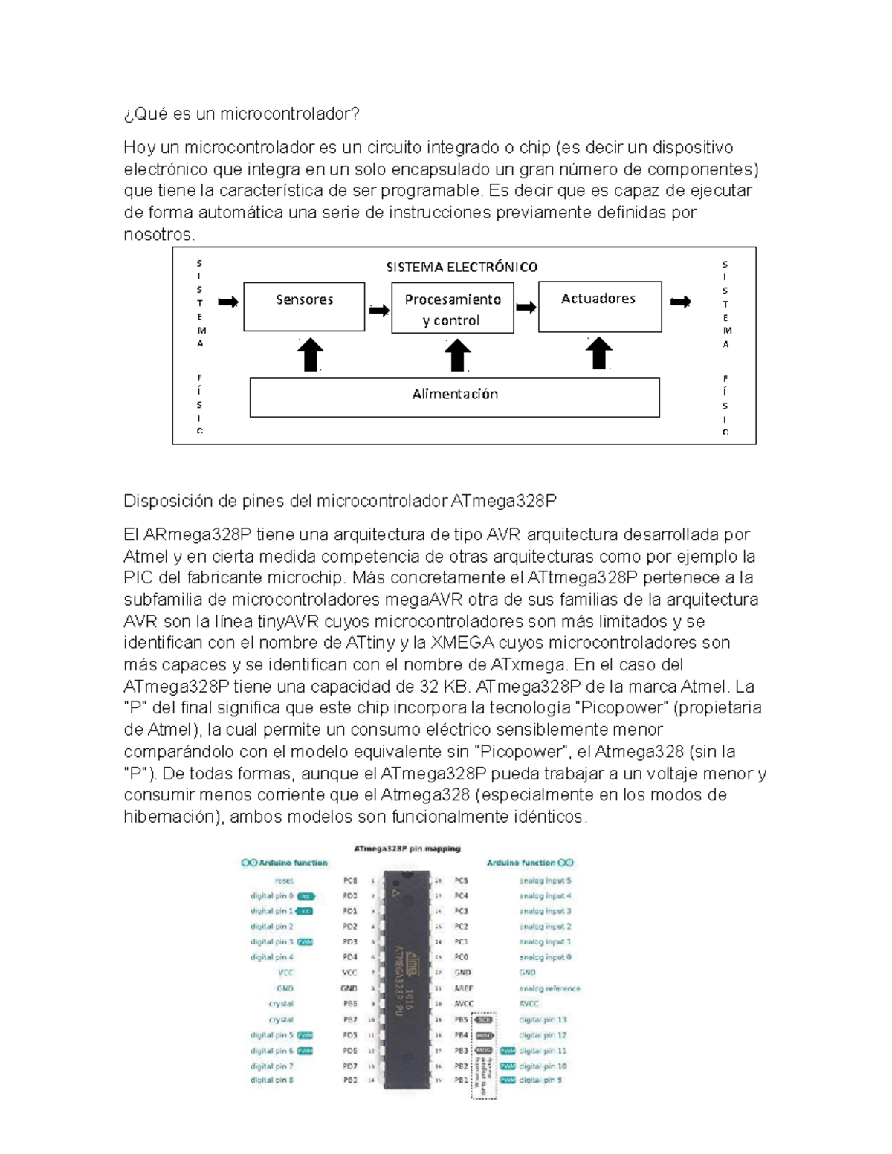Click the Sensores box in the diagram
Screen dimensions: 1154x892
coord(304,306)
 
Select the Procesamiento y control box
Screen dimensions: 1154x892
coord(452,308)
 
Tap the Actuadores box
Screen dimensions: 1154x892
coord(599,306)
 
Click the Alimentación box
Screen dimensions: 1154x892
coord(454,397)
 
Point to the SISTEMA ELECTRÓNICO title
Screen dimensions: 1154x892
coord(462,267)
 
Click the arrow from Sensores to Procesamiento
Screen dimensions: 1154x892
coord(379,311)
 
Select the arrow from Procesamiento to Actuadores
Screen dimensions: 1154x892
coord(526,308)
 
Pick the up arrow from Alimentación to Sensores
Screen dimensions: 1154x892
coord(310,354)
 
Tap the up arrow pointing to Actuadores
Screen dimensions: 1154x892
coord(598,354)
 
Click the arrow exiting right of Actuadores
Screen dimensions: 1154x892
coord(680,302)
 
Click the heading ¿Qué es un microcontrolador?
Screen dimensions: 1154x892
coord(242,114)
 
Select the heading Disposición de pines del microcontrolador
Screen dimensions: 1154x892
coord(340,501)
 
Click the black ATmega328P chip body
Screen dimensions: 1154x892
coord(407,979)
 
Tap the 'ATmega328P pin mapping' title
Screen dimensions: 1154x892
coord(407,848)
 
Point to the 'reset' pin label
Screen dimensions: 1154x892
coord(284,881)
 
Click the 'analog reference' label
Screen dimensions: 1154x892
coord(549,988)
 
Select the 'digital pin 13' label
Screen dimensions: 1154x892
coord(543,1020)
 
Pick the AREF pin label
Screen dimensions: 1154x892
coord(463,988)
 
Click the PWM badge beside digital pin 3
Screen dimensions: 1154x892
coord(305,941)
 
